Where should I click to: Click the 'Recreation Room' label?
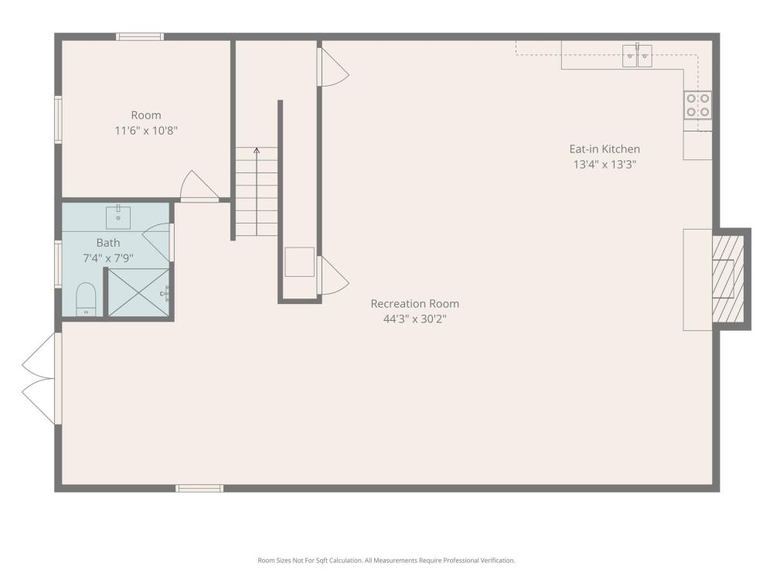414,303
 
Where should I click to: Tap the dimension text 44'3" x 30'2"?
414,319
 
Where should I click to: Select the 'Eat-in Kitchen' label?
604,149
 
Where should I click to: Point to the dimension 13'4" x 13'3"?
604,165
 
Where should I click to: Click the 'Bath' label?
108,243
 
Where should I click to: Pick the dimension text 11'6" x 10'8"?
146,131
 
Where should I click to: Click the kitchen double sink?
637,55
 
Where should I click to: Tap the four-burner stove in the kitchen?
697,105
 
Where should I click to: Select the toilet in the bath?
86,299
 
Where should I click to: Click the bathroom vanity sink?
118,217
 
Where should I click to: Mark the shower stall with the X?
138,292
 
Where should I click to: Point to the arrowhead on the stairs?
257,151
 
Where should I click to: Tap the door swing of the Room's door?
198,186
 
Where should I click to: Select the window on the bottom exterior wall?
199,488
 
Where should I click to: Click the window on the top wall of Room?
140,36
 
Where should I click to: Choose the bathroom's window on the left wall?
58,264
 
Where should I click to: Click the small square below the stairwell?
300,262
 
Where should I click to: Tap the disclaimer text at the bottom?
386,560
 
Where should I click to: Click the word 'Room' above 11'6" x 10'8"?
146,115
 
